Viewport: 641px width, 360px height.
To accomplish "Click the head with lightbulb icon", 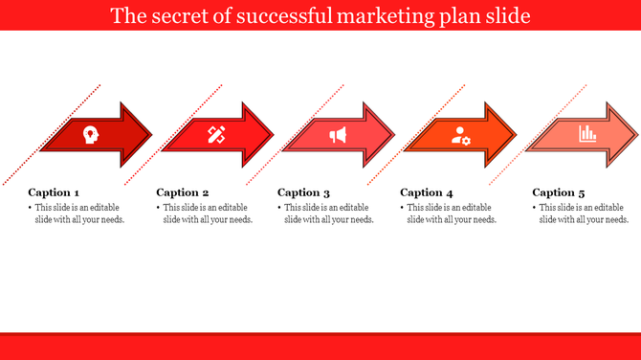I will [90, 135].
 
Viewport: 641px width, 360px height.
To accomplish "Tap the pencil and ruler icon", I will [216, 135].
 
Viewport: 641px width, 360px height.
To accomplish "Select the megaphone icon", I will [338, 135].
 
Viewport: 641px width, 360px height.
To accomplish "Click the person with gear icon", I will [461, 135].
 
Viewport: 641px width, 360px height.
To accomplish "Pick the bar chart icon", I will [587, 135].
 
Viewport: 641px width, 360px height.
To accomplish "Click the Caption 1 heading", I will [55, 192].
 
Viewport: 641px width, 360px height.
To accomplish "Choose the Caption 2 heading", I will [182, 192].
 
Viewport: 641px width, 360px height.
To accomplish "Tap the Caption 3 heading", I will [303, 192].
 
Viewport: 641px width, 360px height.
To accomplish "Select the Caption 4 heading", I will [427, 192].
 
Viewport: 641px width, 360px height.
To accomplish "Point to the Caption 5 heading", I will [559, 192].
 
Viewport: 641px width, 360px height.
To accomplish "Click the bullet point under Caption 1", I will [31, 207].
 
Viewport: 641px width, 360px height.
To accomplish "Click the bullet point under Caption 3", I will [280, 207].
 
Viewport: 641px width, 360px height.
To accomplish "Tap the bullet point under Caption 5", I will [535, 207].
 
